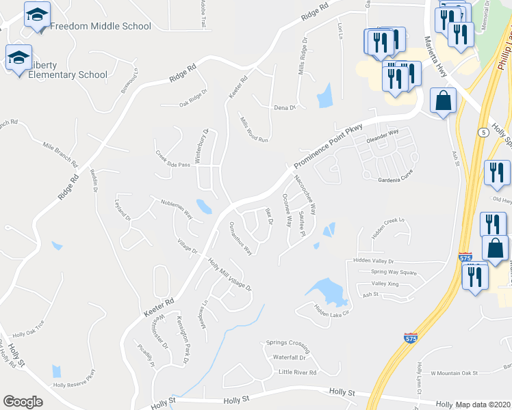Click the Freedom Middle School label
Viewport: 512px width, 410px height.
[100, 27]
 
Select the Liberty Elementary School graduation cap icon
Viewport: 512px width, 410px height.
[18, 58]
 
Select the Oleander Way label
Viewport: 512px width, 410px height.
[383, 136]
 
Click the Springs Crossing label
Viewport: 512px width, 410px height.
[288, 343]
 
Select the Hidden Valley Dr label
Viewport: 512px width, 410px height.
[374, 261]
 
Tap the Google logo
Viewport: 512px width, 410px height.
[23, 402]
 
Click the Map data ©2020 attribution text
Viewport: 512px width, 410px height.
[483, 405]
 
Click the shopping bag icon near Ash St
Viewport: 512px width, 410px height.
[444, 101]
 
